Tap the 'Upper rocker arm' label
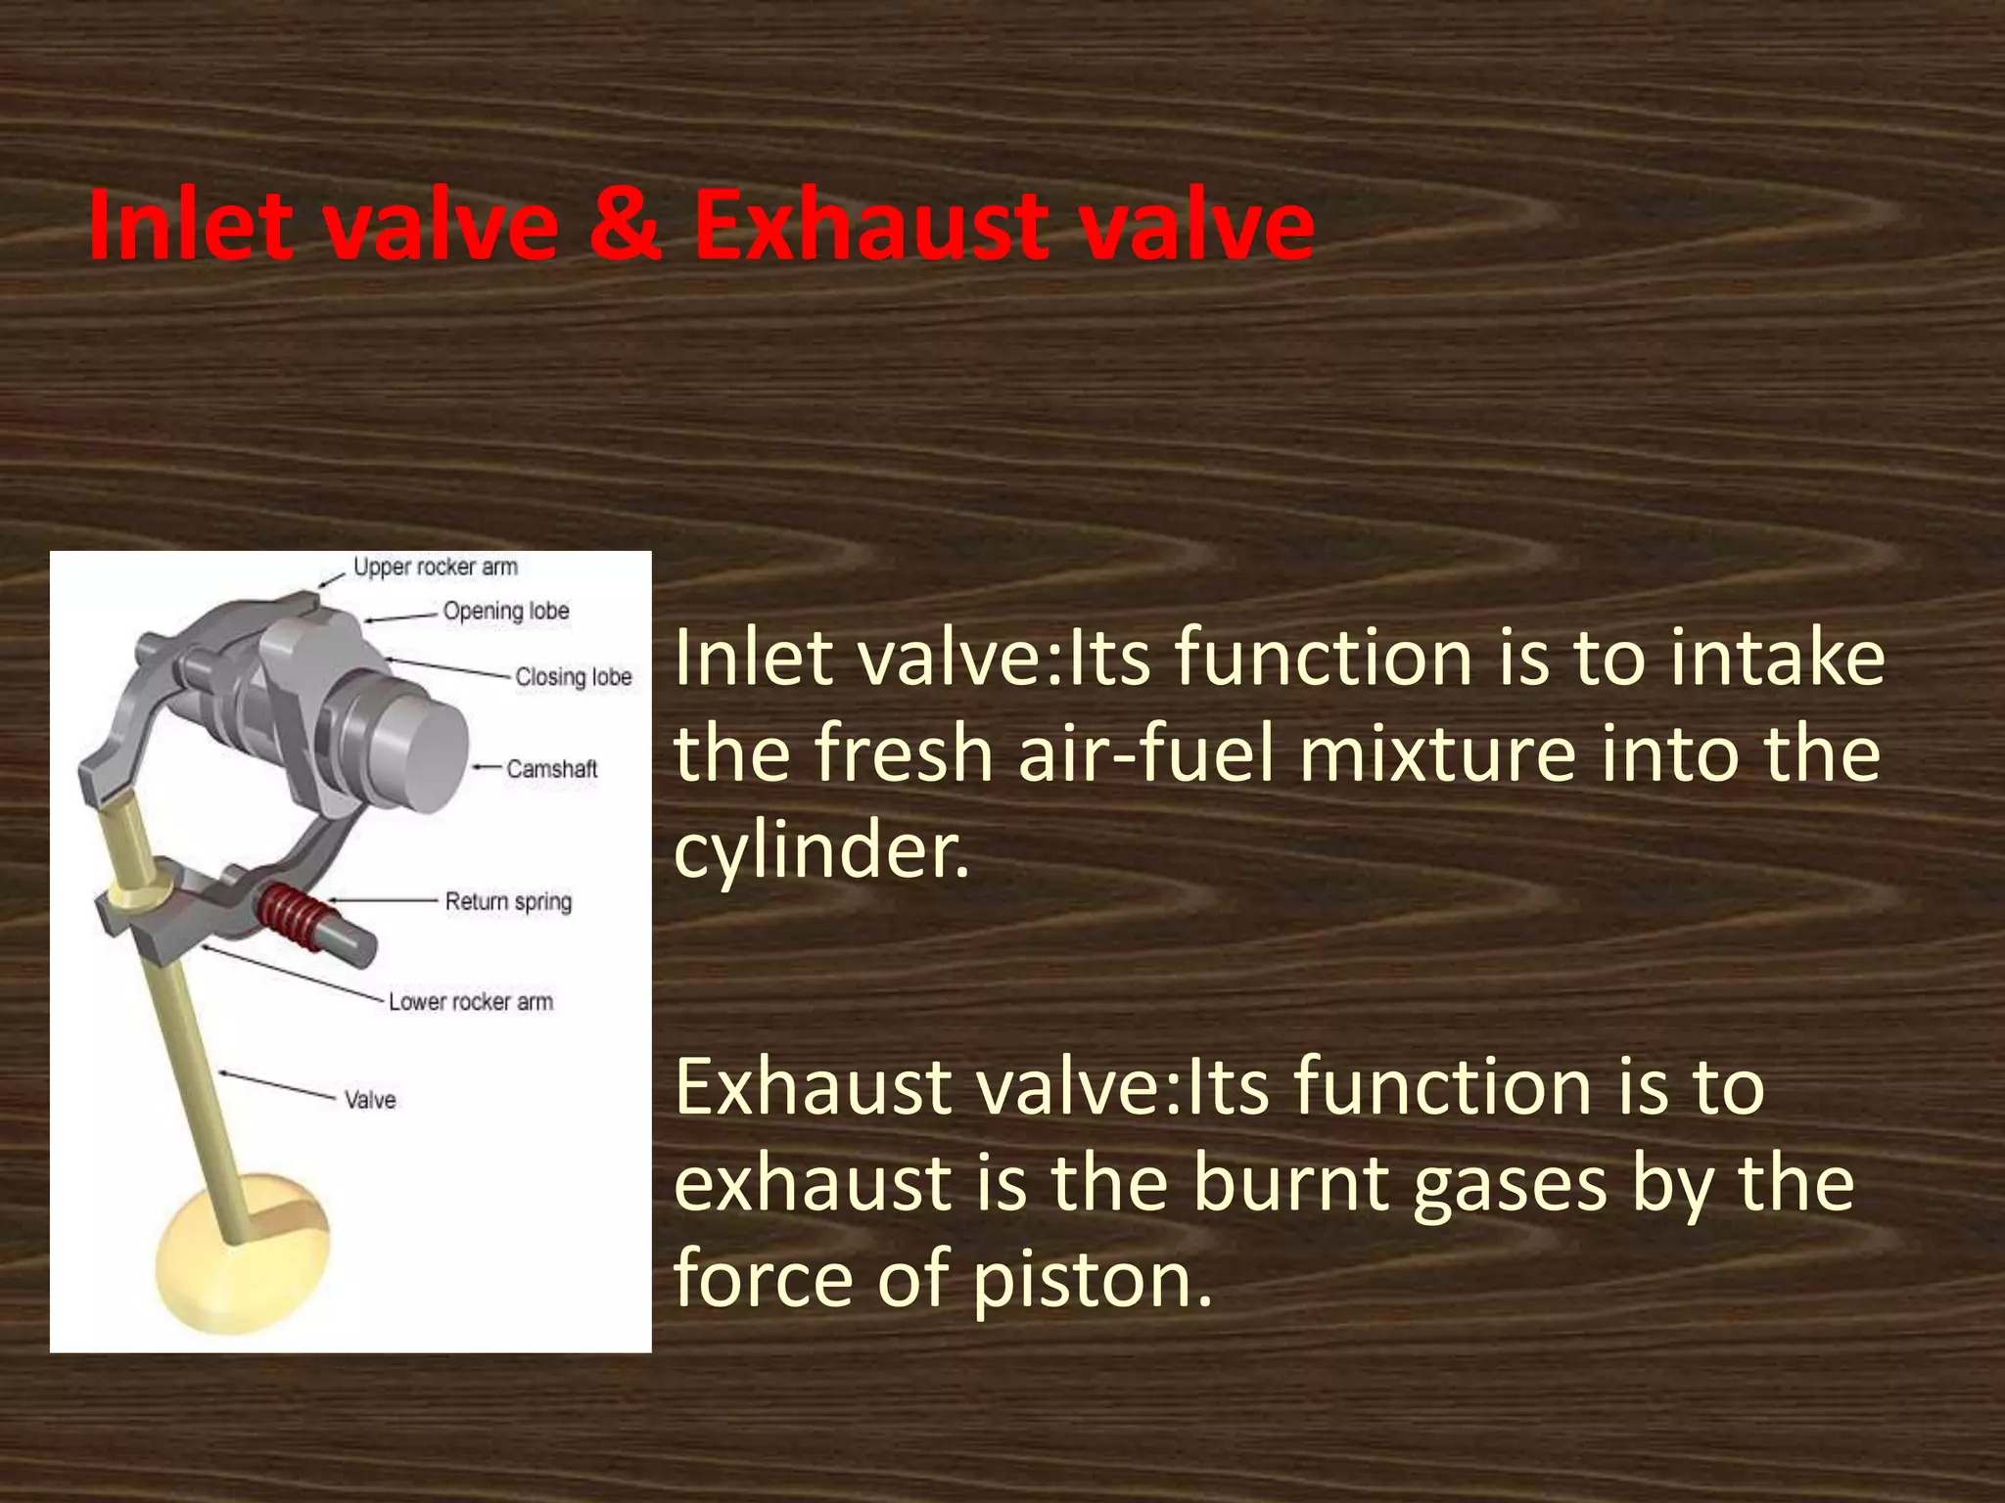pos(436,568)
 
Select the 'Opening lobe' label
pos(506,612)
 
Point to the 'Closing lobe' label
pos(574,677)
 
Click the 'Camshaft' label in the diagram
pos(551,769)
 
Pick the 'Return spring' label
pos(508,901)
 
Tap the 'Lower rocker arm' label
pos(471,1002)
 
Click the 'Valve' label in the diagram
pos(370,1100)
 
